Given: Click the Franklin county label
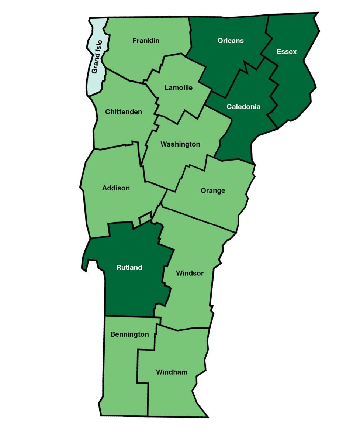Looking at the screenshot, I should pos(146,41).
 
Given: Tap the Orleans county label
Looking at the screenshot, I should pos(231,41).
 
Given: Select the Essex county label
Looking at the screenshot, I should pos(286,52).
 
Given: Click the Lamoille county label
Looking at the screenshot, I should pos(179,88).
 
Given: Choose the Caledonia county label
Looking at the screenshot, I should pos(243,107).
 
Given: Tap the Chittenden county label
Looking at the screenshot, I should pos(124,112).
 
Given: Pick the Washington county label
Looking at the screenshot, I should pos(180,144).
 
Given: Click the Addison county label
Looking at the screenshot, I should pos(116,188).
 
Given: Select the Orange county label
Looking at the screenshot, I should pos(213,191).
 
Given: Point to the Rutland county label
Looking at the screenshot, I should pos(129,268).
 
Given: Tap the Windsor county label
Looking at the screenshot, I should pos(190,273).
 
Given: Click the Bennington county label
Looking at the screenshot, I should pos(129,334).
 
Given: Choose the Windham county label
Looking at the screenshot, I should pos(172,372).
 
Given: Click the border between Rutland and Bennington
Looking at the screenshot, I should pos(129,316).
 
